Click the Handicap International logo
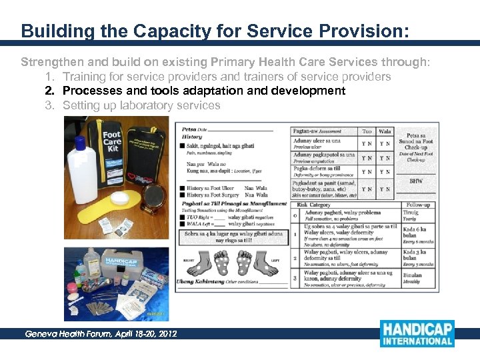[x=417, y=333]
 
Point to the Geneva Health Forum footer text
[x=101, y=333]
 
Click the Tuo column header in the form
[x=367, y=131]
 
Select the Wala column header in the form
[x=385, y=131]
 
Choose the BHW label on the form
[x=416, y=181]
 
